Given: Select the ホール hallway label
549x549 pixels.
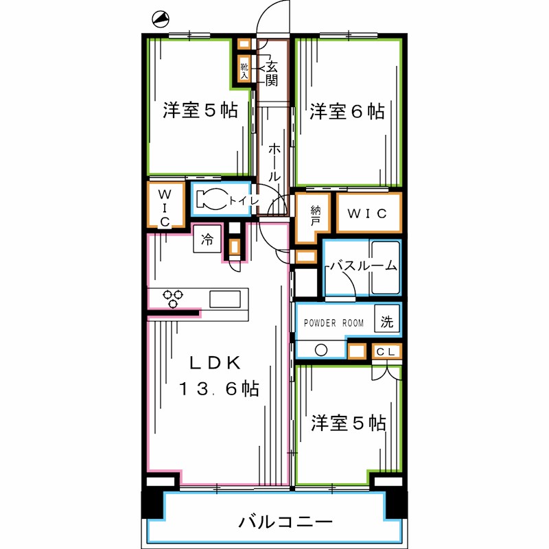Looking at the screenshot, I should [x=274, y=161].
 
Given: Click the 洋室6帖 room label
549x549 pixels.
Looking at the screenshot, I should [x=347, y=111].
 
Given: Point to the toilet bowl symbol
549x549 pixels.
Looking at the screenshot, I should [x=211, y=200].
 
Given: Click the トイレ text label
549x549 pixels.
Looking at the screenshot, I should [x=244, y=200].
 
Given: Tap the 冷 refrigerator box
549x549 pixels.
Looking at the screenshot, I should [x=207, y=240].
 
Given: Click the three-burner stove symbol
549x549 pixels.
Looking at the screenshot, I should [x=173, y=299].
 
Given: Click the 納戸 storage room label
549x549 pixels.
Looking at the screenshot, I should [x=315, y=216].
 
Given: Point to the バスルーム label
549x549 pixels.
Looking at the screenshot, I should [x=362, y=266].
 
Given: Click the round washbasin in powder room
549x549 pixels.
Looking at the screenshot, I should [x=320, y=350].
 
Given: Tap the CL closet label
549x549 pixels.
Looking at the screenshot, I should [x=386, y=352].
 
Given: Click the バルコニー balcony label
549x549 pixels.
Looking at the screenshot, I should [x=285, y=522].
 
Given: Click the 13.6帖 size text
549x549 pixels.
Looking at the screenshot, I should [x=219, y=389].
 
